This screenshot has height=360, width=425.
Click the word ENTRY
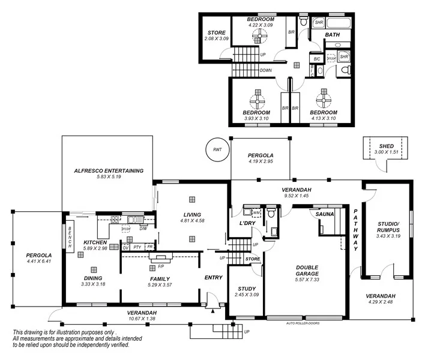click(x=213, y=277)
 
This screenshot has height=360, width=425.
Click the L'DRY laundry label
click(x=248, y=224)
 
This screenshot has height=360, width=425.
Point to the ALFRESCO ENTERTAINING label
click(x=109, y=171)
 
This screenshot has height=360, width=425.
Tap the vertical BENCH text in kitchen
click(x=70, y=238)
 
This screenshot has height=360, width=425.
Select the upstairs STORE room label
click(x=216, y=32)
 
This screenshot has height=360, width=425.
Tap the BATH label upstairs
click(x=333, y=35)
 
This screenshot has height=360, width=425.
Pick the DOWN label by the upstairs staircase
click(x=266, y=71)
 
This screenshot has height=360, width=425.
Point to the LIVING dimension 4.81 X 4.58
click(x=193, y=221)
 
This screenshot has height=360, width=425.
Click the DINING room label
click(x=94, y=278)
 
